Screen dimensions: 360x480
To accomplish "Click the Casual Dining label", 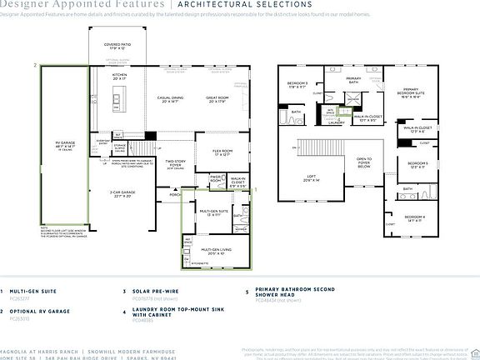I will coord(167,101).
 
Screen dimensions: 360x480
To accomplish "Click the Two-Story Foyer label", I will coord(175,165).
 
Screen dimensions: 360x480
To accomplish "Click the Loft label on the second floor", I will coord(312,177).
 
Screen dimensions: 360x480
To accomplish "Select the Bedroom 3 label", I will coord(297,84).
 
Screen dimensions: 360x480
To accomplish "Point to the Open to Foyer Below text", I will coord(363,162).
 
